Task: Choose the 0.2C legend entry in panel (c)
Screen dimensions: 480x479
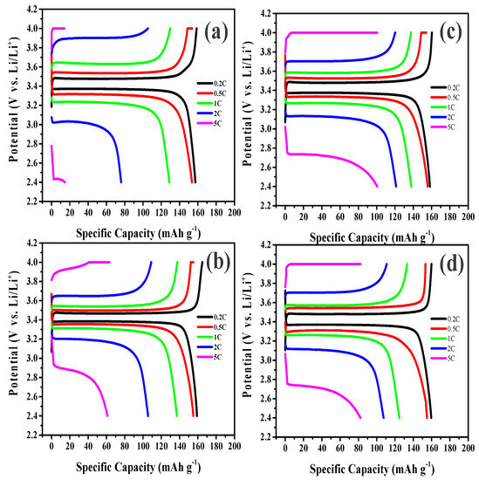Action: coord(448,87)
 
